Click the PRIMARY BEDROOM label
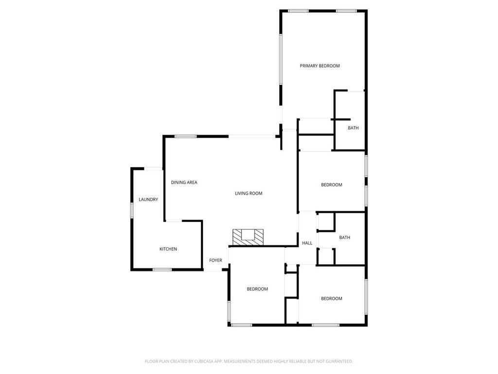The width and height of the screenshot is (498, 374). (320, 66)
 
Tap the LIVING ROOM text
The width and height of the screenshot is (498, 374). (249, 193)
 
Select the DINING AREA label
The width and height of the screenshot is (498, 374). (184, 183)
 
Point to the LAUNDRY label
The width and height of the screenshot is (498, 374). (148, 199)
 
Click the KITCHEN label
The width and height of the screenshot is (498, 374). (168, 249)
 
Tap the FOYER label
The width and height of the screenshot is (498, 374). (215, 261)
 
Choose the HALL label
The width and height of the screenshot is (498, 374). (307, 243)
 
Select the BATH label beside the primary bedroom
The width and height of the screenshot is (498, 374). (353, 128)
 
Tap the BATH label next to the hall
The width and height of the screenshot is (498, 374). (345, 238)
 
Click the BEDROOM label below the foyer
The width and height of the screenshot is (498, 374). (257, 289)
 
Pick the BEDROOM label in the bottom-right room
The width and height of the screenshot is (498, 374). (332, 299)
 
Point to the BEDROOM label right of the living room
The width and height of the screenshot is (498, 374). (332, 185)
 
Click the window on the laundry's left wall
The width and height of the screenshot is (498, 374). (132, 210)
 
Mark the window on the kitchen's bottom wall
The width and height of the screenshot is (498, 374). (162, 269)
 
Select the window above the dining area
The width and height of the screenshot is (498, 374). (185, 136)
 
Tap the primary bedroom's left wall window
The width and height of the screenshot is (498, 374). (281, 59)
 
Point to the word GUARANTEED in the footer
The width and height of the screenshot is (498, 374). (338, 361)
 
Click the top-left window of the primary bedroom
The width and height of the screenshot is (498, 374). (298, 11)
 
